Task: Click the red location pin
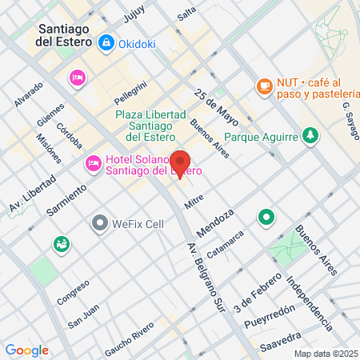click(x=181, y=163)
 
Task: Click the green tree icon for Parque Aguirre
click(x=310, y=135)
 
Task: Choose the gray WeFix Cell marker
click(x=100, y=222)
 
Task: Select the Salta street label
click(x=186, y=14)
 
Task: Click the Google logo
click(x=26, y=350)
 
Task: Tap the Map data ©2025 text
click(x=326, y=354)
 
